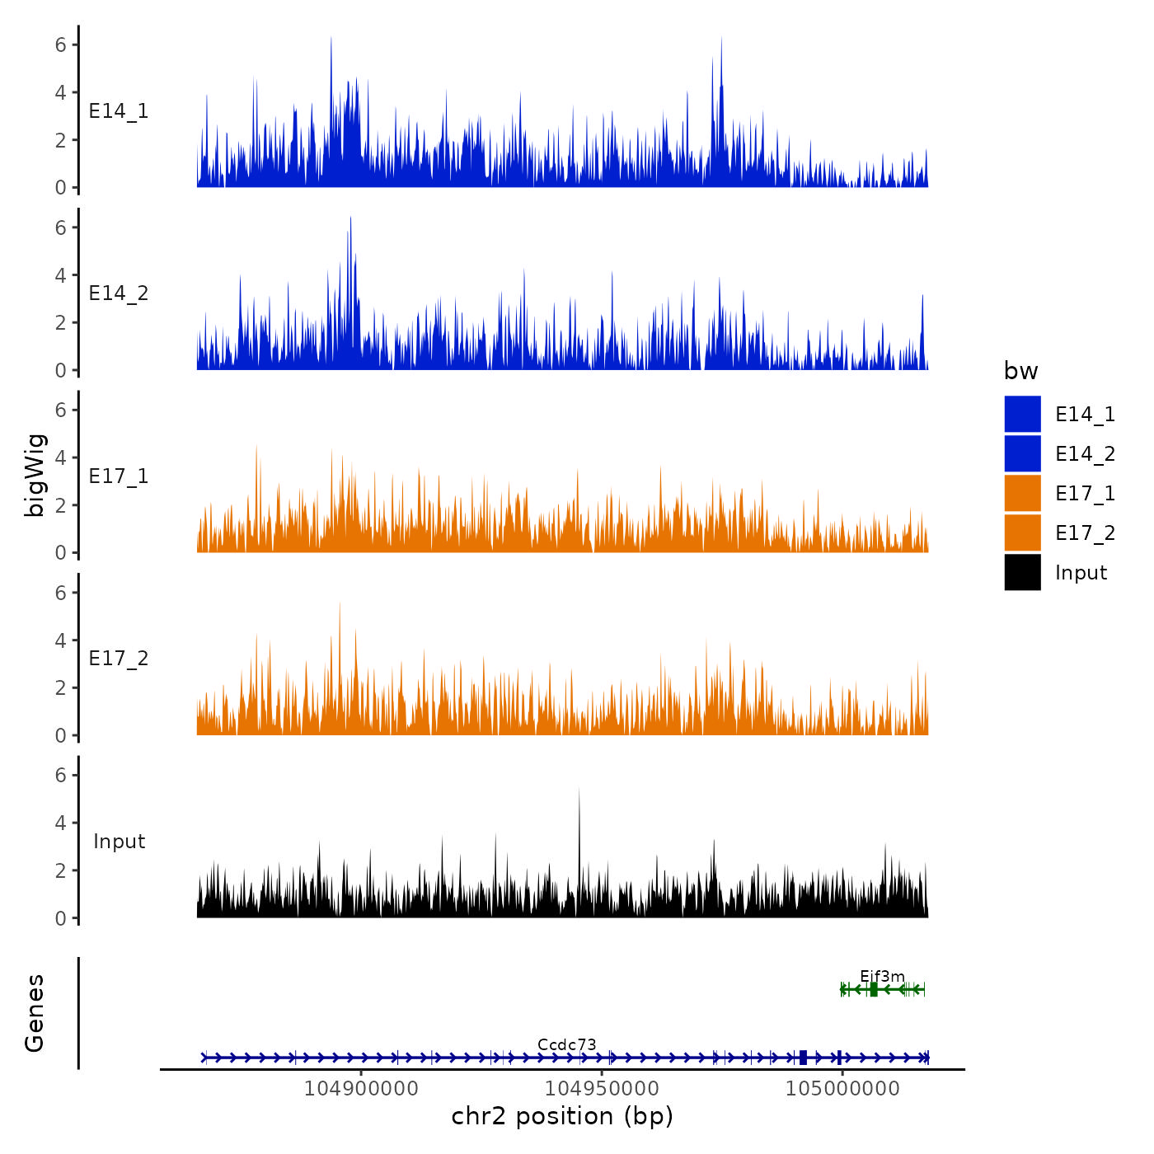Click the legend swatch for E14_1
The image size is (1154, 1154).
tap(1022, 414)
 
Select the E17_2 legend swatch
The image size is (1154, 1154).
tap(1022, 532)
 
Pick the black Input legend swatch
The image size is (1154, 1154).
tap(1022, 572)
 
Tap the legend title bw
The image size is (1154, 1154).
tap(1020, 371)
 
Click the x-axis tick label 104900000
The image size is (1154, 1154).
tap(361, 1088)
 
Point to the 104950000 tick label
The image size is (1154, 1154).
tap(602, 1088)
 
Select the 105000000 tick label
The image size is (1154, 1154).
tap(842, 1088)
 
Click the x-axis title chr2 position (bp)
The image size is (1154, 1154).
tap(562, 1116)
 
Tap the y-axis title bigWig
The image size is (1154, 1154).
tap(35, 476)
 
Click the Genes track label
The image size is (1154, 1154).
tap(35, 1013)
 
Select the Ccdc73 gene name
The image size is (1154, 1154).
tap(566, 1045)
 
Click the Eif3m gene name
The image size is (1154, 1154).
tap(882, 977)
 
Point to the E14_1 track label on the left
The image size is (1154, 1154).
tap(119, 111)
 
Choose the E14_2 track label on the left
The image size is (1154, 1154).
tap(119, 293)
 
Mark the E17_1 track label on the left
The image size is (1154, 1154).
tap(119, 476)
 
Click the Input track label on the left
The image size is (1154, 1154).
tap(119, 842)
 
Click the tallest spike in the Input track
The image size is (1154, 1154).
tap(579, 791)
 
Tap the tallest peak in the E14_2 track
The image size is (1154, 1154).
tap(350, 219)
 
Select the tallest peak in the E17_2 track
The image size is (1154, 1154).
tap(340, 605)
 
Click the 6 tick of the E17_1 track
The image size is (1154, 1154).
tap(60, 410)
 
